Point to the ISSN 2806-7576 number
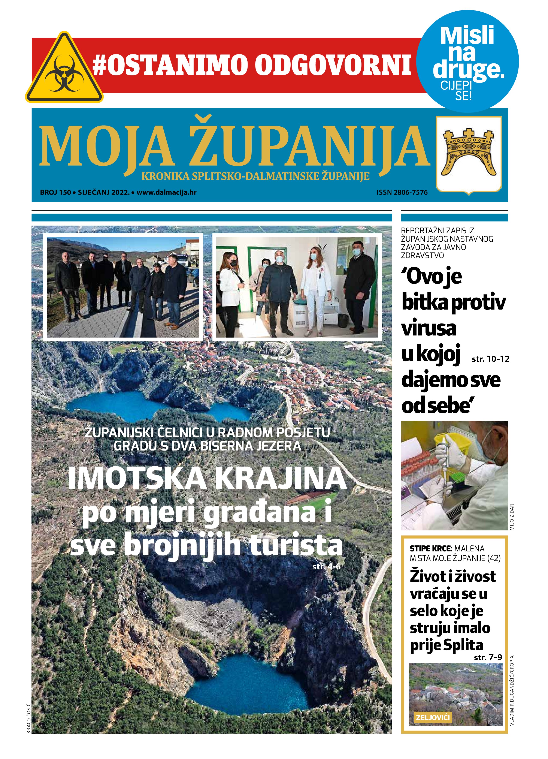click(402, 192)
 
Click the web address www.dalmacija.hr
click(166, 192)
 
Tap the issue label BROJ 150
click(55, 192)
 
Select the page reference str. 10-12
click(490, 359)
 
